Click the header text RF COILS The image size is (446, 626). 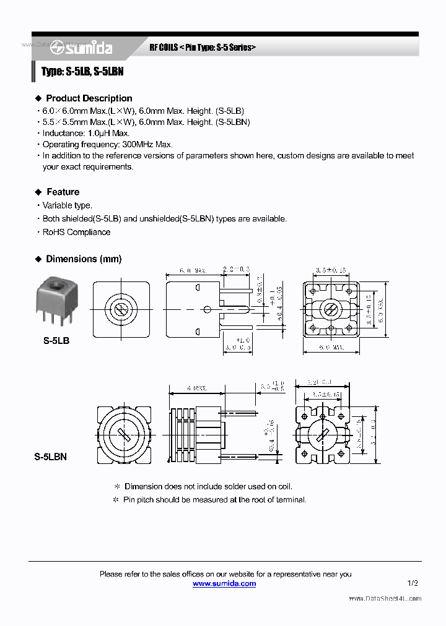164,48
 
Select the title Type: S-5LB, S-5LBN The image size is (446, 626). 82,72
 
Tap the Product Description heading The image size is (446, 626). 89,98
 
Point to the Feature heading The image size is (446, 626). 63,192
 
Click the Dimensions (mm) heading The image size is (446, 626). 84,259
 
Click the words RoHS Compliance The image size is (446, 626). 76,232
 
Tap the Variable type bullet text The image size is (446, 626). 67,205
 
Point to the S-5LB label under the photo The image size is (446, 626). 56,340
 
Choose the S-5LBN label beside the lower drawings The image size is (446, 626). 50,457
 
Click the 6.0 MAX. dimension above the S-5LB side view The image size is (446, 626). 193,271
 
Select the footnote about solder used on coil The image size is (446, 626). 208,486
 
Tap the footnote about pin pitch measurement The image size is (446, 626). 214,499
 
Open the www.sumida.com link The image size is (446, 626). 224,583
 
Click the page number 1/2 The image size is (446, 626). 413,583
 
